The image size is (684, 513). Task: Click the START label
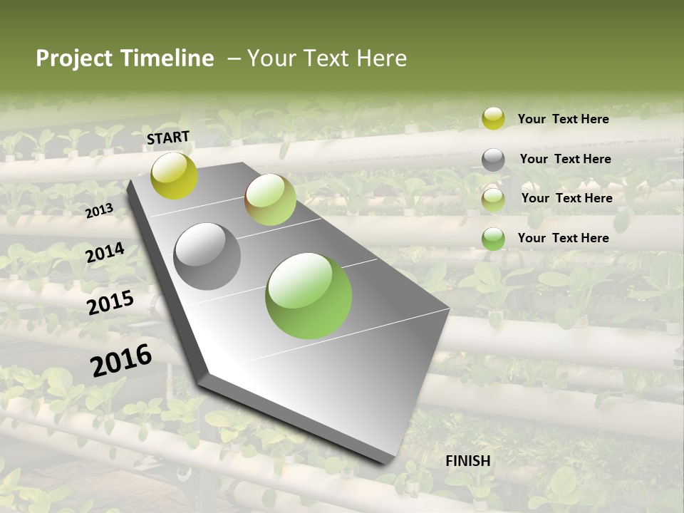click(x=168, y=138)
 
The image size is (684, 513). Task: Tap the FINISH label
click(x=468, y=461)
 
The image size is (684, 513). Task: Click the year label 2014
click(x=105, y=252)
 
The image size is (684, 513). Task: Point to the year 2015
click(x=110, y=303)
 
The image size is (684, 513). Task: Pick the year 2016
click(x=121, y=361)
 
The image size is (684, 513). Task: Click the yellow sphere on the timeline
click(x=175, y=175)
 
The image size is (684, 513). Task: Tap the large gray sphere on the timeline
click(x=207, y=256)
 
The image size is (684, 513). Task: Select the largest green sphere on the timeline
click(x=309, y=296)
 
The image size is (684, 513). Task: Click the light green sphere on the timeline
click(x=270, y=199)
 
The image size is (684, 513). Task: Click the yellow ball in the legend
click(x=493, y=118)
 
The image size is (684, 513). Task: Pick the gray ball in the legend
click(x=493, y=160)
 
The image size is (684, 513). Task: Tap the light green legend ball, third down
click(x=493, y=199)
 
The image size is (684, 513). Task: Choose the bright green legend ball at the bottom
click(x=493, y=239)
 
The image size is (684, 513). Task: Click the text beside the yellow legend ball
click(x=563, y=119)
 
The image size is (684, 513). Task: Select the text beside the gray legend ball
click(x=565, y=159)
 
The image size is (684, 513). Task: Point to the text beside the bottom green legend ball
click(x=563, y=238)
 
